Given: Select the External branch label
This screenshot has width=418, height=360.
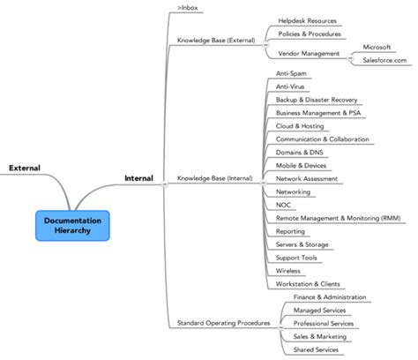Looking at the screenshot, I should [25, 168].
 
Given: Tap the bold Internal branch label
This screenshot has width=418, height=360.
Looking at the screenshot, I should [138, 178].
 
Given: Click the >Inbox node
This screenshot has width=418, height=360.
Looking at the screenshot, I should [188, 8].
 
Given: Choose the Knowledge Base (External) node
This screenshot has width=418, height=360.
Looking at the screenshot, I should [215, 40].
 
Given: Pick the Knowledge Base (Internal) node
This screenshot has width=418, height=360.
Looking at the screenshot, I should [214, 178].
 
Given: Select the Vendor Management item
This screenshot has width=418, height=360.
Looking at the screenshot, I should [308, 53].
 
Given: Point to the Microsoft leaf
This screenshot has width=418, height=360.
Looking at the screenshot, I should [382, 46].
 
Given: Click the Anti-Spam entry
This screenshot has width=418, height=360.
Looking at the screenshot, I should [291, 73].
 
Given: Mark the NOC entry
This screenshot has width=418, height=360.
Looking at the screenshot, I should [283, 205].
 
